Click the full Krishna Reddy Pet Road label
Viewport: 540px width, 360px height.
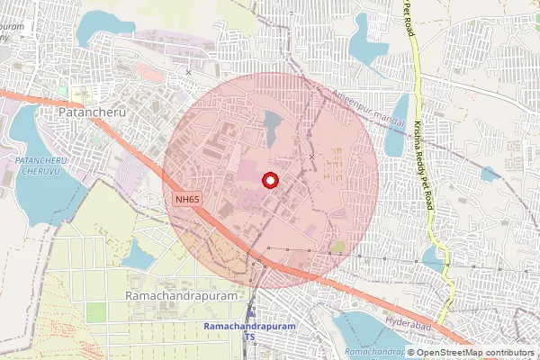pyautogui.click(x=422, y=166)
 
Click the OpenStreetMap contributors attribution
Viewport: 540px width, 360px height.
pyautogui.click(x=474, y=353)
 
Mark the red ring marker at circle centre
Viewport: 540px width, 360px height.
pyautogui.click(x=269, y=181)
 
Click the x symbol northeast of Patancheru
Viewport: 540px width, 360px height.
pyautogui.click(x=188, y=72)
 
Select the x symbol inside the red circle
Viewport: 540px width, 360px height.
pyautogui.click(x=312, y=157)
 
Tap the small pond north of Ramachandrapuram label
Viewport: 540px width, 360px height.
pyautogui.click(x=139, y=256)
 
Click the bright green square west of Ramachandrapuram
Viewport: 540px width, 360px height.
pyautogui.click(x=94, y=312)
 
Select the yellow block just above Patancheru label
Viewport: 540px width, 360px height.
pyautogui.click(x=64, y=92)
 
